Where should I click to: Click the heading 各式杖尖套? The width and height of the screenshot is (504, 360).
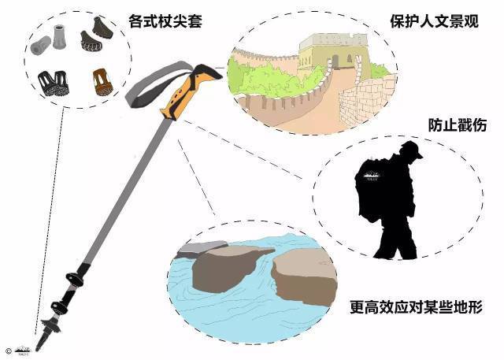pos(165,21)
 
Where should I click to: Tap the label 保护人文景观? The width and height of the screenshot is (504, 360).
pos(434,21)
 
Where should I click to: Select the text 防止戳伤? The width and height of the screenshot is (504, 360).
pos(458,124)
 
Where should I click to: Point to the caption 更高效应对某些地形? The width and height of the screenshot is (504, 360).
pos(416,307)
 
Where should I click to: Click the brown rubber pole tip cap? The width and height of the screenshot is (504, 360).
pos(102,82)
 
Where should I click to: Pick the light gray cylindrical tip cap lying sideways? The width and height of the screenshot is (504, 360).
pos(41,46)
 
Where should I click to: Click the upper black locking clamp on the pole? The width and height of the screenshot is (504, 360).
pos(76,278)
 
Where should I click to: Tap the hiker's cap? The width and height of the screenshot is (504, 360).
pos(412,149)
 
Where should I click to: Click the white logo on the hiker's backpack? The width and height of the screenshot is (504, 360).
pos(371,176)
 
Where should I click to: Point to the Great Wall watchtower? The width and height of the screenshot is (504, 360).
pos(333,54)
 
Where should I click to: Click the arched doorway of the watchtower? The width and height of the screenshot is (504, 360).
pos(335,61)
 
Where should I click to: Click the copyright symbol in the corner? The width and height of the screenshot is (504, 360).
pos(9,351)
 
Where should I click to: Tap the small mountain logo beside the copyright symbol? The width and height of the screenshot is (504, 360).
pos(23,351)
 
